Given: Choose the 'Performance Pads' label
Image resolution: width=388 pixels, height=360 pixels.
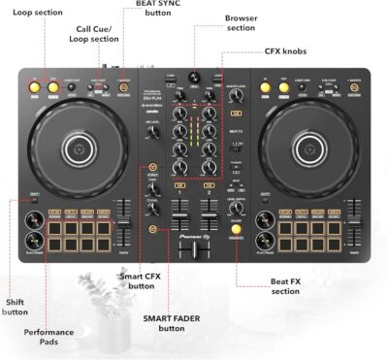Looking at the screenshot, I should [x=48, y=337].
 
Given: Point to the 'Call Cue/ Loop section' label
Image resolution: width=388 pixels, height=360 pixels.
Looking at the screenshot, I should [x=97, y=36].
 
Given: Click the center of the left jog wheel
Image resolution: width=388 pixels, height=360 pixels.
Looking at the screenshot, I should [x=79, y=148].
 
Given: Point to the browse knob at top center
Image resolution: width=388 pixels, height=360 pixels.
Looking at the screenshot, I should [x=193, y=77].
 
